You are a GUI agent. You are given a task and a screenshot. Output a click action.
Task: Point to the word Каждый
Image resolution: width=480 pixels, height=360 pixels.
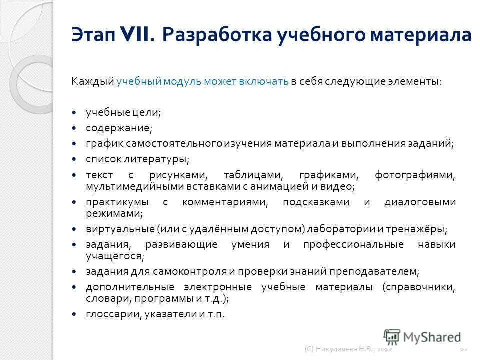pos(93,82)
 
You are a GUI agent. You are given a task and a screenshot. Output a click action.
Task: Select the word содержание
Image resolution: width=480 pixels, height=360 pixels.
pos(118,128)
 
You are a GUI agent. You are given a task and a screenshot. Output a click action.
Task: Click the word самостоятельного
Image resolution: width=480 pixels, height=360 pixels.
pos(174,144)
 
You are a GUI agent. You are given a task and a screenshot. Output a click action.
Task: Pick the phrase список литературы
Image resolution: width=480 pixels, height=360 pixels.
pos(137,159)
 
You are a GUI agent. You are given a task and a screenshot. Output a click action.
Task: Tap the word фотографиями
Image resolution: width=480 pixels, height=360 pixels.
pos(414,175)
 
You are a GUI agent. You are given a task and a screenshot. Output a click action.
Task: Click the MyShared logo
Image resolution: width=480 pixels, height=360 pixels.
pos(422,337)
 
